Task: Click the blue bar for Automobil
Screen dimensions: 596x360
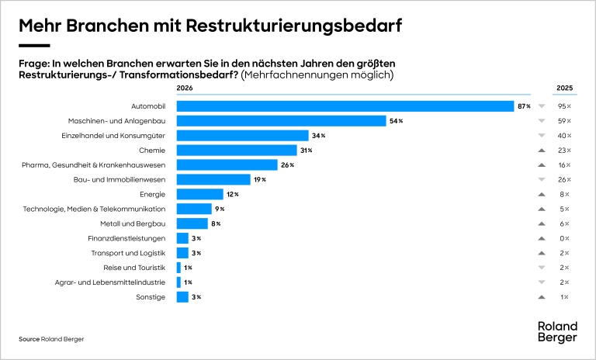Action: tap(345, 106)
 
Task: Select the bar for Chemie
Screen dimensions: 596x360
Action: tap(237, 151)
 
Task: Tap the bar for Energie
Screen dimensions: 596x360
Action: tap(200, 194)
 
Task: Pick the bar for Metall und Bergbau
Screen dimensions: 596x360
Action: tap(192, 223)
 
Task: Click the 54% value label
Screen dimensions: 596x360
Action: tap(396, 121)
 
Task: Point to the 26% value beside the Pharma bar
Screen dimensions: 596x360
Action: tap(287, 165)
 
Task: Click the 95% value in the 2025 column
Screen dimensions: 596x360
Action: tap(564, 106)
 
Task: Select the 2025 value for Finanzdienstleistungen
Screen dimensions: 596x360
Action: tap(564, 238)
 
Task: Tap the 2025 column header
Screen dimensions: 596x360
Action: tap(564, 88)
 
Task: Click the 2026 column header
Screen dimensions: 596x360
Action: tap(185, 88)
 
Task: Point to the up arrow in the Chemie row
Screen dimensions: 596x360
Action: tap(542, 151)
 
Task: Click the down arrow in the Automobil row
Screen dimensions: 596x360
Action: tap(542, 106)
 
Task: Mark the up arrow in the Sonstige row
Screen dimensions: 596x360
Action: tap(542, 297)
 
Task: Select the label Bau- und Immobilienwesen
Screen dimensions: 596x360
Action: tap(120, 179)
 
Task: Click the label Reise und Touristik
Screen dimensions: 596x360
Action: tap(134, 268)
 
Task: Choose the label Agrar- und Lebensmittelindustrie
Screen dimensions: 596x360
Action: tap(110, 282)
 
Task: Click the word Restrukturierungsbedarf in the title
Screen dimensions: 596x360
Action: tap(294, 26)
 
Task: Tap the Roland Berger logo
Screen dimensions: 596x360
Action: tap(557, 331)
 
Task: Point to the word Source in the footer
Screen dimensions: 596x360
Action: tap(29, 339)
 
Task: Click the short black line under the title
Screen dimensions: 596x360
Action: tap(34, 46)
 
